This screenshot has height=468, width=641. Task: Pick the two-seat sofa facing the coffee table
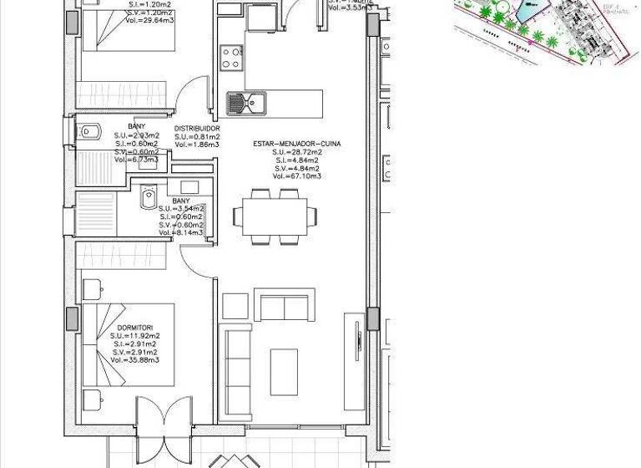click(284, 308)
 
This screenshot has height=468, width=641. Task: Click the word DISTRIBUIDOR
click(196, 128)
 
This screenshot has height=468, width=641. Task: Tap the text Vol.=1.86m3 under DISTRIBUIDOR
click(196, 145)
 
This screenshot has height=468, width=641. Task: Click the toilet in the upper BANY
click(89, 131)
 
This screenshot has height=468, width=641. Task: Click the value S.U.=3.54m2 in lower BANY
click(181, 209)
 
